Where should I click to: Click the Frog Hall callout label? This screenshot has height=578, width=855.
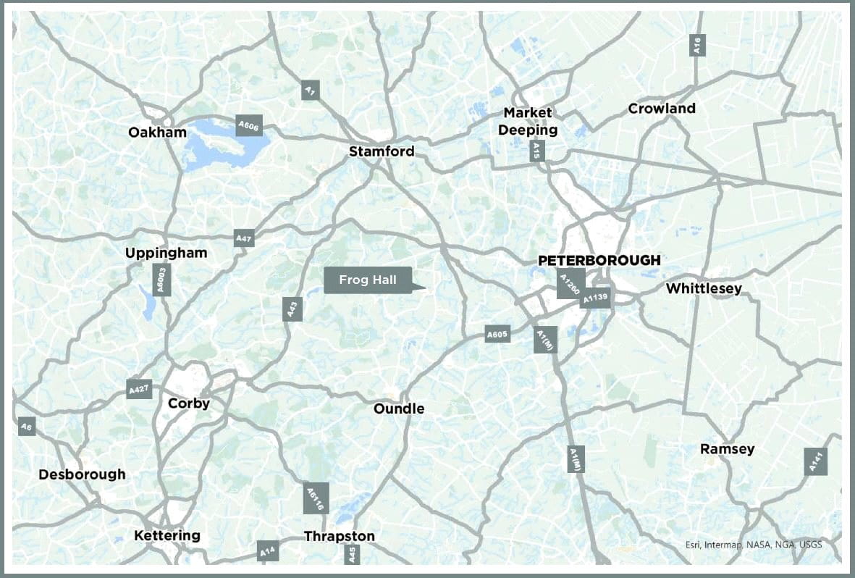[x=368, y=280]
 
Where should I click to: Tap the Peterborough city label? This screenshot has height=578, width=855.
[x=599, y=260]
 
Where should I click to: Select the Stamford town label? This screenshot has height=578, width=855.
[x=382, y=151]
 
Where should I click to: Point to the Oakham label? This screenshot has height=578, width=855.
[x=157, y=133]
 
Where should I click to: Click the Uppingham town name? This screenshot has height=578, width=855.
[x=166, y=253]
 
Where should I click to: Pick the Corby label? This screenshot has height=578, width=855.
[x=188, y=403]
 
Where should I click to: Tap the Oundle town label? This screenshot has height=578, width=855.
[x=398, y=409]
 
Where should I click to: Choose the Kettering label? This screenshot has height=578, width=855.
[x=167, y=536]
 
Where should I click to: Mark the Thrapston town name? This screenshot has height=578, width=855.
[x=340, y=537]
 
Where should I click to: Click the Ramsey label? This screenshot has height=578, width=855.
[x=727, y=449]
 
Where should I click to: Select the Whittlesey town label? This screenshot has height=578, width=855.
[x=704, y=289]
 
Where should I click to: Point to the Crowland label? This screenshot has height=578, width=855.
[x=662, y=109]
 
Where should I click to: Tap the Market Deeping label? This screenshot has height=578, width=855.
[x=531, y=122]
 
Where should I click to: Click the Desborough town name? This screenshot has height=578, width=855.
[x=82, y=474]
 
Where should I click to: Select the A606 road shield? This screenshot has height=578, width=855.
[x=248, y=126]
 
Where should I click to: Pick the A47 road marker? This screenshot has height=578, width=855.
[x=243, y=238]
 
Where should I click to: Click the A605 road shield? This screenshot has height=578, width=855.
[x=497, y=335]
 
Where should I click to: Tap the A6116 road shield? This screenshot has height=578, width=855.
[x=316, y=498]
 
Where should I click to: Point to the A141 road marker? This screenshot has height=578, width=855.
[x=816, y=461]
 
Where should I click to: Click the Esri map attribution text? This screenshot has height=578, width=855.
[x=754, y=545]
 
